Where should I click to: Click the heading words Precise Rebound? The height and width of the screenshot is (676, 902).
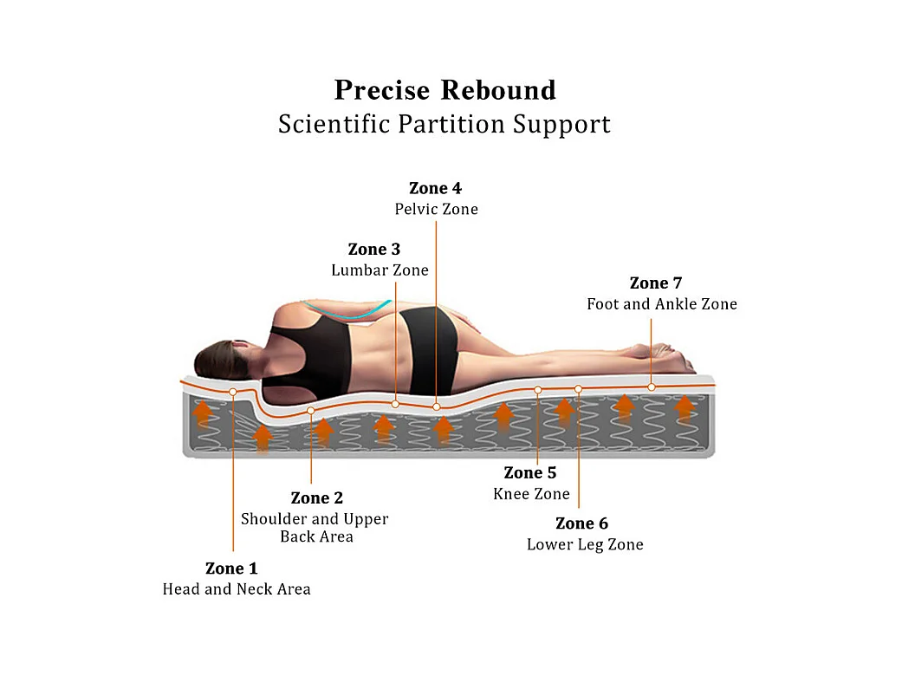click(445, 90)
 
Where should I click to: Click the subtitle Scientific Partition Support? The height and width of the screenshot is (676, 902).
click(445, 124)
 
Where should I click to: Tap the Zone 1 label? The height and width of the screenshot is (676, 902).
click(231, 569)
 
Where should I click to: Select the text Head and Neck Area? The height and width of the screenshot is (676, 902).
click(237, 589)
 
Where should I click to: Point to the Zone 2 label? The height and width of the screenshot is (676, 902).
click(316, 497)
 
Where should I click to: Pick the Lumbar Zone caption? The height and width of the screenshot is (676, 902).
click(380, 270)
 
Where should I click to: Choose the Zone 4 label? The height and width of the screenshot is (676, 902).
click(435, 188)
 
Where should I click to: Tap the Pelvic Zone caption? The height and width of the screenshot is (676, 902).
click(436, 209)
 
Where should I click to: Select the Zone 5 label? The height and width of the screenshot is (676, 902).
click(530, 472)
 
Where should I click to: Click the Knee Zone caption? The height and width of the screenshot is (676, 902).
click(531, 494)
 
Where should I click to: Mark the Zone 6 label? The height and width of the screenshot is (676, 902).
click(581, 523)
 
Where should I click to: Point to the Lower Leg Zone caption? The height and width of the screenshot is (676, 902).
click(585, 544)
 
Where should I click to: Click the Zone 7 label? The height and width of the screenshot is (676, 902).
click(656, 283)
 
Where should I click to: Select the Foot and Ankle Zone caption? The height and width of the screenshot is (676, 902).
click(662, 304)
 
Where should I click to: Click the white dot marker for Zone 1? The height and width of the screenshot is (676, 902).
click(233, 393)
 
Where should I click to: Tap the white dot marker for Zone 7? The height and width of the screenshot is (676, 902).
click(652, 387)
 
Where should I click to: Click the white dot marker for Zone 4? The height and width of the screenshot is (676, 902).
click(437, 406)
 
